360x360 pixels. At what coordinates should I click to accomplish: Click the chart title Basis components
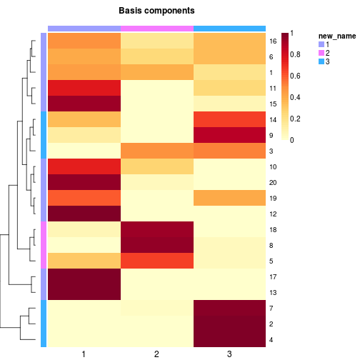(156, 11)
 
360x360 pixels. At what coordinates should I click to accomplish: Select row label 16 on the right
(273, 41)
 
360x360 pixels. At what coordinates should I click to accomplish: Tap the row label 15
(273, 104)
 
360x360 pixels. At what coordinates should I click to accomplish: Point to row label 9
(271, 136)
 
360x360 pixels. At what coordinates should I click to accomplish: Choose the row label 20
(273, 183)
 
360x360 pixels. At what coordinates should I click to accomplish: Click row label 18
(273, 230)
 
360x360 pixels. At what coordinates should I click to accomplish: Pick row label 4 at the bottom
(271, 340)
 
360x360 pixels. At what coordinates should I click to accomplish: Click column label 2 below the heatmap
(156, 354)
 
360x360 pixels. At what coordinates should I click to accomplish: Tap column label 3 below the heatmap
(229, 354)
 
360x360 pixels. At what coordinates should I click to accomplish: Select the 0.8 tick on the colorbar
(295, 54)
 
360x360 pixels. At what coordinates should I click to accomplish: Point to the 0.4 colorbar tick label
(295, 97)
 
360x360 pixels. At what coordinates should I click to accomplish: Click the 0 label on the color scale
(292, 140)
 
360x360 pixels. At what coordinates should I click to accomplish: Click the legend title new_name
(337, 36)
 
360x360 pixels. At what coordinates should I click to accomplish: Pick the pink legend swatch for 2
(321, 53)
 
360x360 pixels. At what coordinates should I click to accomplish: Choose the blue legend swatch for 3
(321, 61)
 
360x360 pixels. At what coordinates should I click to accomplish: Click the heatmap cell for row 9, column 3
(229, 135)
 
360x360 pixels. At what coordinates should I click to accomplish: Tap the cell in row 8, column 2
(157, 245)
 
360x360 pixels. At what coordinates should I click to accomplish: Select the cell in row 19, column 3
(229, 198)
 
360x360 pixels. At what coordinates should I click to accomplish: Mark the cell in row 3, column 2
(157, 151)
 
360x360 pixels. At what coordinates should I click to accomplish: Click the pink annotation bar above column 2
(157, 29)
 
